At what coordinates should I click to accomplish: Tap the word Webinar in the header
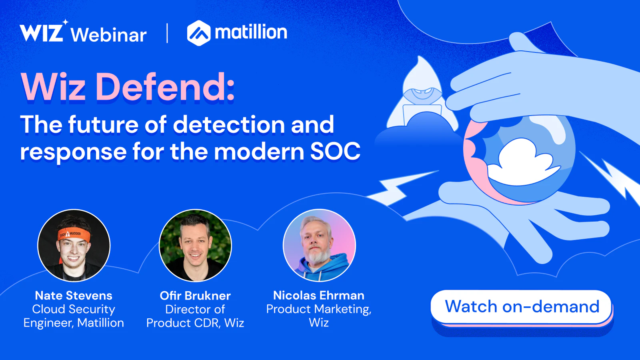(x=108, y=35)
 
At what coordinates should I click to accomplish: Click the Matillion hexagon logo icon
(x=199, y=33)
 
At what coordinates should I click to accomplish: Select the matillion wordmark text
(x=251, y=32)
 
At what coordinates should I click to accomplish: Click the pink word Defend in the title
(x=165, y=86)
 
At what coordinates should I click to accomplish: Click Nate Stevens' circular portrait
(x=74, y=246)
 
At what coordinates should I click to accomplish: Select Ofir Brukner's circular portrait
(x=195, y=246)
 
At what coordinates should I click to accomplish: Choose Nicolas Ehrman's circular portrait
(x=319, y=246)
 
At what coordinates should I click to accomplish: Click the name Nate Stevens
(x=74, y=296)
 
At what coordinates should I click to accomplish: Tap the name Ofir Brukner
(x=195, y=296)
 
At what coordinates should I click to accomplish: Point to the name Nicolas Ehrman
(x=319, y=296)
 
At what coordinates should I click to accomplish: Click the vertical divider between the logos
(x=167, y=33)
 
